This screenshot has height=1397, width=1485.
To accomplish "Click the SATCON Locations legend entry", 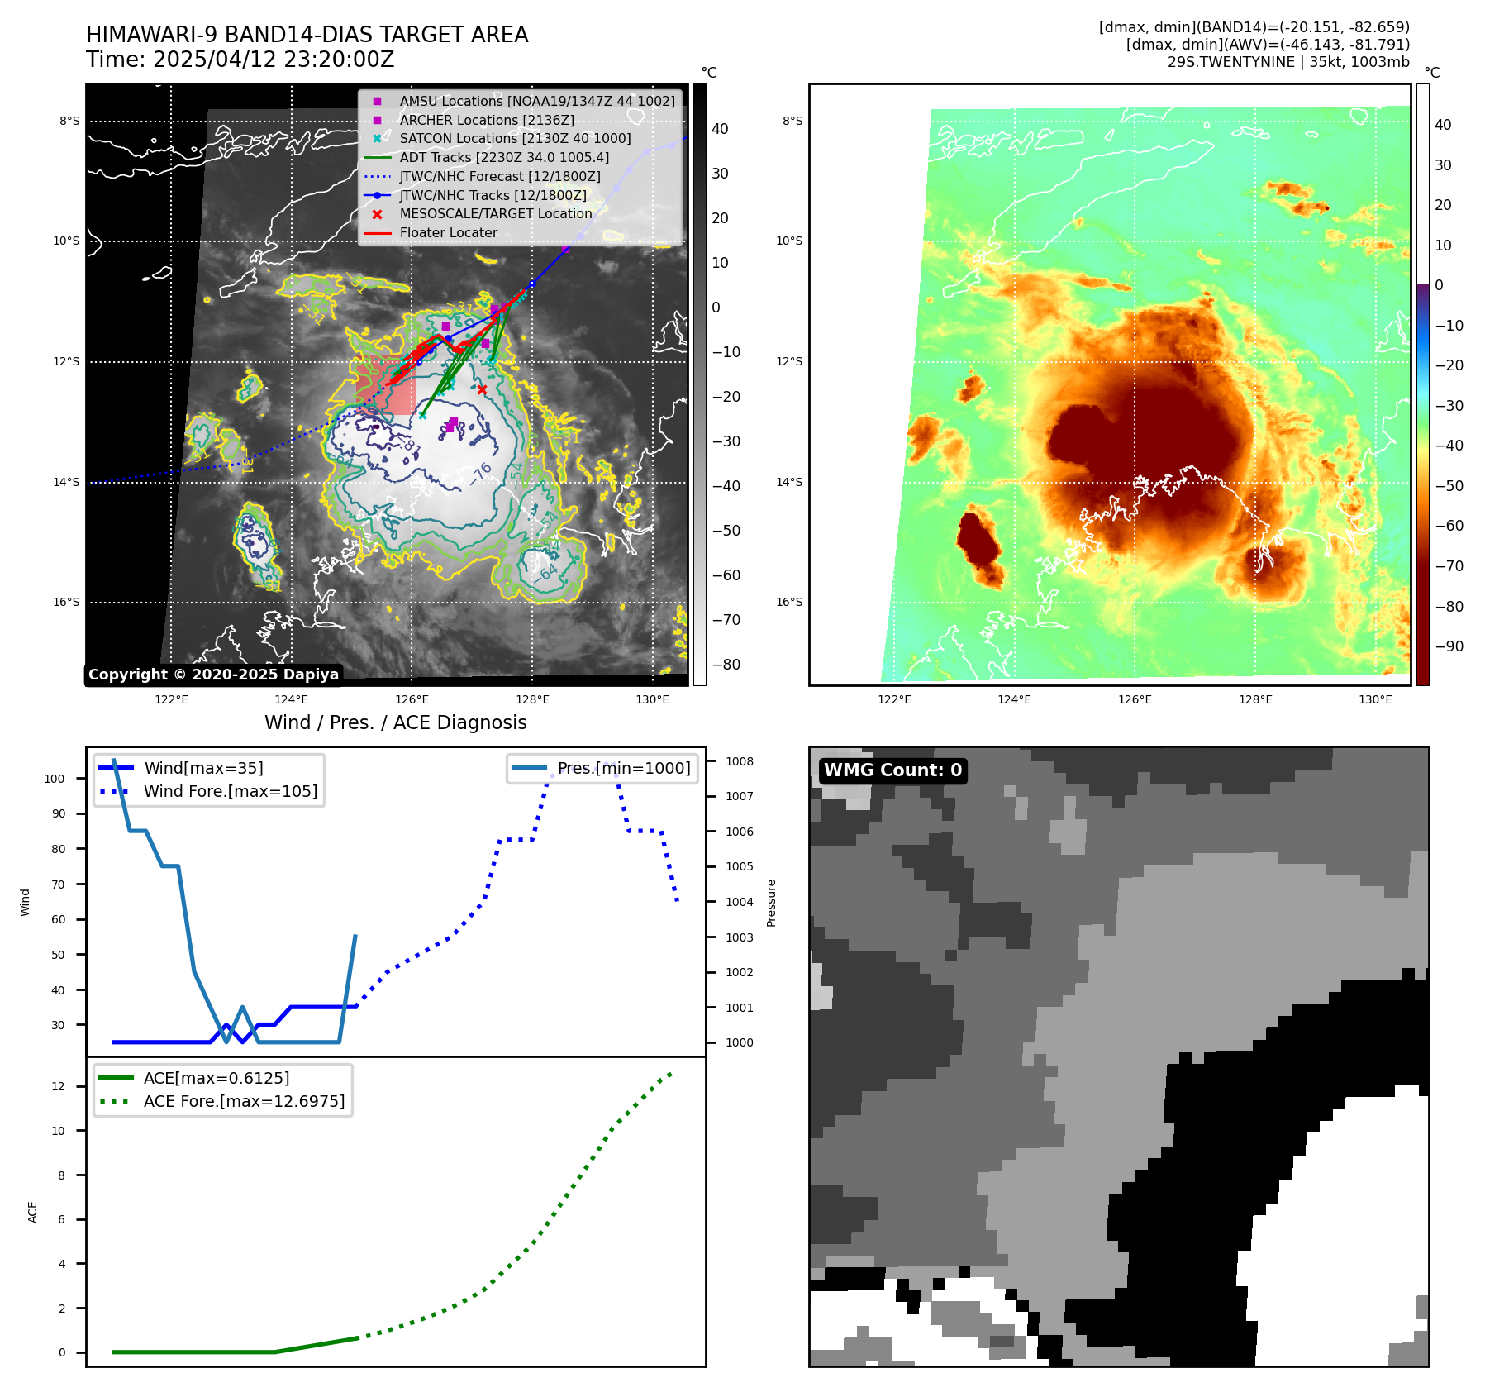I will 515,139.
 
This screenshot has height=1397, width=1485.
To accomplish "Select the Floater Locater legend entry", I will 448,233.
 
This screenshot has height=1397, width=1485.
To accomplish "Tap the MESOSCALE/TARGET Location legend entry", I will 495,214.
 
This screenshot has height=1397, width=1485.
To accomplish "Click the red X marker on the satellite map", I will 482,389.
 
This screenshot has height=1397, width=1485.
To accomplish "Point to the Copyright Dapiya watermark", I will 213,675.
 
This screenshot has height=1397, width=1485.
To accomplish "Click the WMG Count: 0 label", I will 892,770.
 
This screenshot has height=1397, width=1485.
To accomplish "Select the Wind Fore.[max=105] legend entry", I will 230,791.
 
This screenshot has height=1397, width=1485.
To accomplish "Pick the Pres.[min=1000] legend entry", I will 623,768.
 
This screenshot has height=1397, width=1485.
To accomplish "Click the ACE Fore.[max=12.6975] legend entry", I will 244,1101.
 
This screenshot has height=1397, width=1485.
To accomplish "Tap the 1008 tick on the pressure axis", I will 740,761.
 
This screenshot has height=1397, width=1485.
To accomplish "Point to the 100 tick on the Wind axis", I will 55,779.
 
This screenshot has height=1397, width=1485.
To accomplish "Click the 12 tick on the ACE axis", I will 58,1086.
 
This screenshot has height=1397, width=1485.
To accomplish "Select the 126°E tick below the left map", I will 412,700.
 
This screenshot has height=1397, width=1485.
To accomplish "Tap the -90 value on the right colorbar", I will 1449,646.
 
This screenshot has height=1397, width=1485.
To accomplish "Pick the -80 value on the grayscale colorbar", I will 726,665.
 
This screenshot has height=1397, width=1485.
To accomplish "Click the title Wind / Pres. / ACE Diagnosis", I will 395,722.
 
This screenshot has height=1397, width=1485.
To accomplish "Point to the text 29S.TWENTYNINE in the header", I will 1230,62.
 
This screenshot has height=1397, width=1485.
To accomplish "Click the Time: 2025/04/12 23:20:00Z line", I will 240,60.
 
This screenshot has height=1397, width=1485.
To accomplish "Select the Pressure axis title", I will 771,903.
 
